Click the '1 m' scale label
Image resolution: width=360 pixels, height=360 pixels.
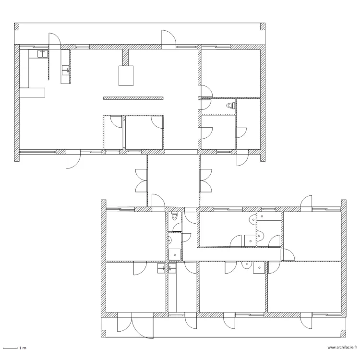point(23,348)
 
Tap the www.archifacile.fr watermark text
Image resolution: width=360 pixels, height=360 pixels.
point(342,348)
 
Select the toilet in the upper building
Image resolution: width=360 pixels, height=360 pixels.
point(231,106)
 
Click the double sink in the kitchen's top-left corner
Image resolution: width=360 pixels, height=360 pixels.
point(43,54)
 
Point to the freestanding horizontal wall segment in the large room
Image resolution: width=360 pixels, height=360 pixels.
point(133,98)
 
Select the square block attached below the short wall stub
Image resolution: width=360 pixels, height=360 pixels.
point(126,76)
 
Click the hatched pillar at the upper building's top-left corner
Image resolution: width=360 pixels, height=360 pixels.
point(16,26)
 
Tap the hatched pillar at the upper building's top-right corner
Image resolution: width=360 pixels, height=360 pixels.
point(263,26)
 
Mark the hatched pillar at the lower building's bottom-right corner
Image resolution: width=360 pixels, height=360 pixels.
point(343,334)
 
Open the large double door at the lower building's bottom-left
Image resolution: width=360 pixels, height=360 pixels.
point(135,325)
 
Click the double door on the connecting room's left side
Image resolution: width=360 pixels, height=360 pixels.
point(141,180)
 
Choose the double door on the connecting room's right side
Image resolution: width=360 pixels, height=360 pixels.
point(206,180)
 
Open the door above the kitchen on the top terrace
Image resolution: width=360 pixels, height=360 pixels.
point(54,41)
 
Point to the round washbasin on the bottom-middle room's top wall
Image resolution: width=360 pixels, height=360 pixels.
point(247,265)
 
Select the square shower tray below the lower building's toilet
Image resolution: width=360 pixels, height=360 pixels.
point(175,254)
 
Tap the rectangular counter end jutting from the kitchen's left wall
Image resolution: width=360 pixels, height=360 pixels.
point(32,93)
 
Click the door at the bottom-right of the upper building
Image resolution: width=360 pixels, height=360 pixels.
point(243,158)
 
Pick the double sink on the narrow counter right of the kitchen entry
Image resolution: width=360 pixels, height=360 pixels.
point(66,70)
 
